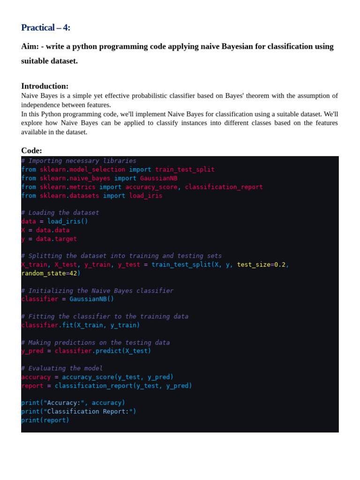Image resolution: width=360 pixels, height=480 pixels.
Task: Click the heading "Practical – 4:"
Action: click(45, 28)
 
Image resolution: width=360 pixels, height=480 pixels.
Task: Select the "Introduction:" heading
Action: click(45, 86)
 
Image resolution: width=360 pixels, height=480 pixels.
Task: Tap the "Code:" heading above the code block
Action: click(31, 150)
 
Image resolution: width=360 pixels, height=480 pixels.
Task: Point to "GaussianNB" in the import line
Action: click(158, 178)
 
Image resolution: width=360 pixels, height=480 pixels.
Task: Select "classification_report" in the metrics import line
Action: click(224, 187)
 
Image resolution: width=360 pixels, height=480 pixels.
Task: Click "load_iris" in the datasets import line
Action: click(146, 195)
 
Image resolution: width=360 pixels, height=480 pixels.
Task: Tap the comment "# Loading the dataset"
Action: click(60, 213)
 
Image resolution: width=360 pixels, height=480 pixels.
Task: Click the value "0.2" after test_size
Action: click(280, 265)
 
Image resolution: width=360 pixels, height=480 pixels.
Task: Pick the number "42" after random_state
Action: click(73, 273)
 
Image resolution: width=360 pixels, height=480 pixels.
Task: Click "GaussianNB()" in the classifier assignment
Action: click(91, 299)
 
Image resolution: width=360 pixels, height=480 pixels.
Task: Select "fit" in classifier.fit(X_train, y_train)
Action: click(67, 325)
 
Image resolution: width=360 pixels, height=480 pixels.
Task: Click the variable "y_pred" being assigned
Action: click(32, 351)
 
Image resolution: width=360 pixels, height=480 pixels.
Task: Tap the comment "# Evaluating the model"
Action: click(62, 368)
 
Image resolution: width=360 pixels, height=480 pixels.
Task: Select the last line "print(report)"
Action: click(45, 420)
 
